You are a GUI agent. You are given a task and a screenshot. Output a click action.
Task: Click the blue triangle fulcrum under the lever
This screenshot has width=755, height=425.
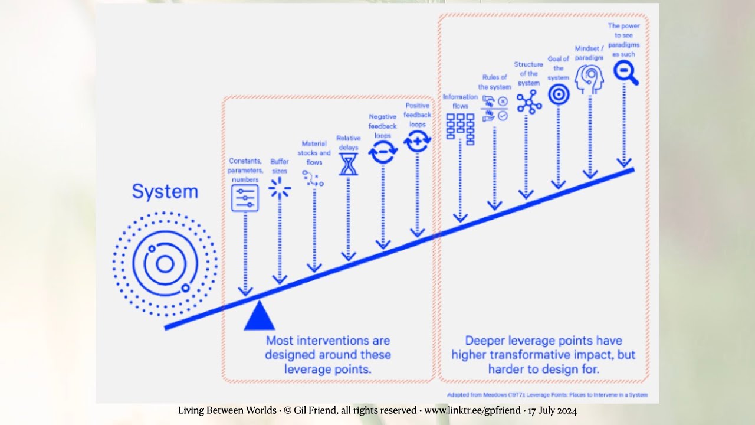[259, 316]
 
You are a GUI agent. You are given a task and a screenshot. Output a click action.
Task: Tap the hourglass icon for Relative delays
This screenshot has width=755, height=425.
[349, 164]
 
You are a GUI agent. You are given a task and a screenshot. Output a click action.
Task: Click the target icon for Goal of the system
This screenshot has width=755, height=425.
[559, 94]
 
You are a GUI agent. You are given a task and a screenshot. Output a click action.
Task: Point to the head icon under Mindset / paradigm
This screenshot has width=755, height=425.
[589, 80]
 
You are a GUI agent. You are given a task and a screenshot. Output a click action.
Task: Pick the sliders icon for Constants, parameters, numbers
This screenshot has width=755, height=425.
[245, 198]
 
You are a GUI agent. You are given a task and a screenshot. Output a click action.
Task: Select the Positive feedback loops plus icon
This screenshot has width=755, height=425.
[418, 140]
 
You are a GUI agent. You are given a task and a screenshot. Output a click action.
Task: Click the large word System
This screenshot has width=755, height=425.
[165, 192]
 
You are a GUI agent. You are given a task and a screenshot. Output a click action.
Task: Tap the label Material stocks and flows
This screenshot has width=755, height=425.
[314, 153]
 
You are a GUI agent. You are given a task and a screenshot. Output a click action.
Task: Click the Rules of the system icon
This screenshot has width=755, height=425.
[495, 109]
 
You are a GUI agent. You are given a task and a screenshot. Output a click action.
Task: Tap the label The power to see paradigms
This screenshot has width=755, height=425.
[623, 40]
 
